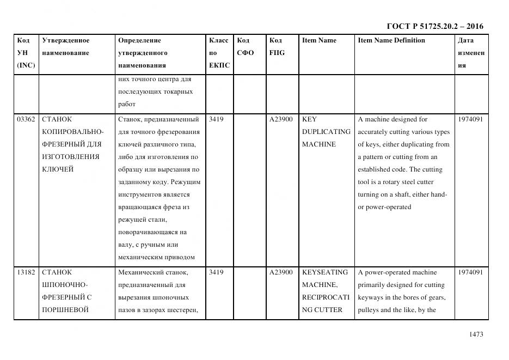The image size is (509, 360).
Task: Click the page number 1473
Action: pyautogui.click(x=476, y=334)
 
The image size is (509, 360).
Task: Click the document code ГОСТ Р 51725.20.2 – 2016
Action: pyautogui.click(x=434, y=26)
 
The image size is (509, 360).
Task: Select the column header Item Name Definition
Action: pyautogui.click(x=391, y=40)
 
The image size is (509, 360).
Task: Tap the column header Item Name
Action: pyautogui.click(x=319, y=40)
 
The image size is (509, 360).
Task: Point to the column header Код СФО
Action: pyautogui.click(x=246, y=47)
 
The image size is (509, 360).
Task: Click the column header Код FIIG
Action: pyautogui.click(x=277, y=47)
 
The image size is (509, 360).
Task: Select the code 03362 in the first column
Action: pyautogui.click(x=26, y=119)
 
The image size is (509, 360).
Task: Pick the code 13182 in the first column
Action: pyautogui.click(x=26, y=272)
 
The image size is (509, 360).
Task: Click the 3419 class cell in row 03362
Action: pyautogui.click(x=216, y=119)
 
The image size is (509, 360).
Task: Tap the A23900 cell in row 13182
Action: pyautogui.click(x=281, y=272)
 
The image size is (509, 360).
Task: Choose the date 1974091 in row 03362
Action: pyautogui.click(x=470, y=119)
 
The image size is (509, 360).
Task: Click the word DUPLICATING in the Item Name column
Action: pyautogui.click(x=326, y=132)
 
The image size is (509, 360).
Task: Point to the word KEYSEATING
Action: pyautogui.click(x=324, y=272)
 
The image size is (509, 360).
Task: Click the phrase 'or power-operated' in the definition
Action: pyautogui.click(x=384, y=207)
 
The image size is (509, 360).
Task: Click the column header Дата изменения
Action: pyautogui.click(x=470, y=53)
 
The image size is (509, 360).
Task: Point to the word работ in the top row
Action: pyautogui.click(x=126, y=104)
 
